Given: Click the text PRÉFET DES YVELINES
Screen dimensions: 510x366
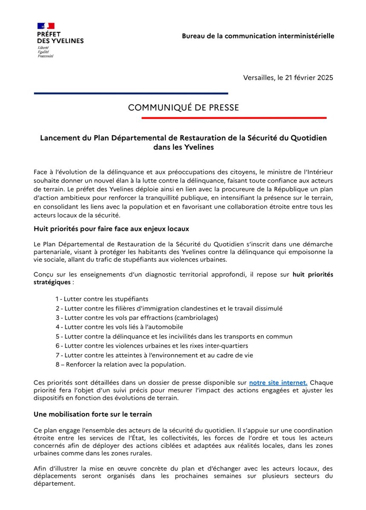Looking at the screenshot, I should pos(60,37).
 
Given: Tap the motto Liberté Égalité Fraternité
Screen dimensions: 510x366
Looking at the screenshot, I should pos(46,52).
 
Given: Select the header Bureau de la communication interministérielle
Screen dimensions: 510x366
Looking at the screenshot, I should pos(258,36).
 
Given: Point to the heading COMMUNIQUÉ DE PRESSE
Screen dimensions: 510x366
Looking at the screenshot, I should pos(183,108).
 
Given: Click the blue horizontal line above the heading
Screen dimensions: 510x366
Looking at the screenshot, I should pos(131,93).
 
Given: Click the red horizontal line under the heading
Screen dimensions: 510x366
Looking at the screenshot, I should pos(234,118).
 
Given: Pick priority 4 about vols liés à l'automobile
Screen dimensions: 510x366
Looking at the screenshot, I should pos(119,327).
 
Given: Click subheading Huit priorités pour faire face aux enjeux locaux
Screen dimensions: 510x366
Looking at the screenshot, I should pos(111,229).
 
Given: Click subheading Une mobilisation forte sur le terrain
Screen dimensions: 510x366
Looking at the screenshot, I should pos(92,414).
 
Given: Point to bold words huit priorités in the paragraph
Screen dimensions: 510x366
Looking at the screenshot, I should pos(313,274).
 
